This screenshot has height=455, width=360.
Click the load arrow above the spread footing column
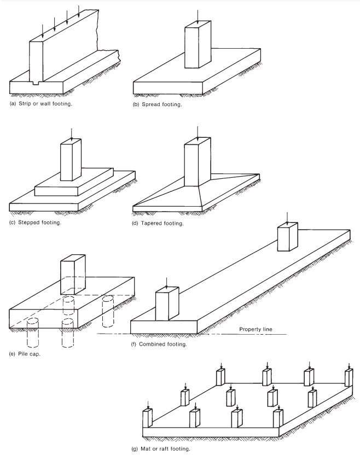[x=198, y=14]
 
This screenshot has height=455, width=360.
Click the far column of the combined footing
[x=288, y=236]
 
